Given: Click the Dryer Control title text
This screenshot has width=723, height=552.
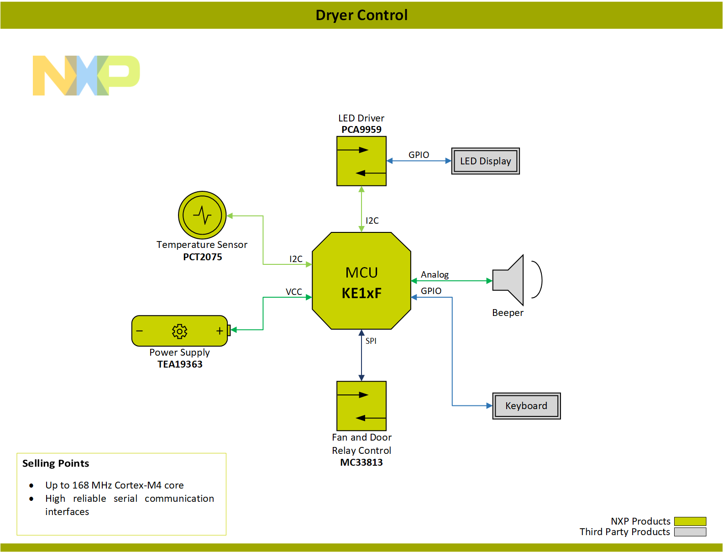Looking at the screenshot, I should coord(361,15).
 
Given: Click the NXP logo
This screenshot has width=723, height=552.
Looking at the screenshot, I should coord(86,75).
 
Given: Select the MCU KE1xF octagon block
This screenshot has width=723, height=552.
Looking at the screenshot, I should coord(361,281).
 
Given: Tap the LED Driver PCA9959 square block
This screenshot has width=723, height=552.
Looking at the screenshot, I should coord(361,161).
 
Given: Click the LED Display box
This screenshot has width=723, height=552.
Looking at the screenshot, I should coord(485,161).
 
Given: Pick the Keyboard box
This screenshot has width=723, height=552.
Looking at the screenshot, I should coord(526,406).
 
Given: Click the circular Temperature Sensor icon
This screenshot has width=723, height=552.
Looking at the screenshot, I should coord(202,215).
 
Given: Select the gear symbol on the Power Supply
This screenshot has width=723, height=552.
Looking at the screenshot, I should coord(179,331).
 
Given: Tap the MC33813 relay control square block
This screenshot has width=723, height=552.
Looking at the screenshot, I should coord(361,406).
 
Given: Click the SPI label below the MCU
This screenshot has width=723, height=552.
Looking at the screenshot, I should coord(371,341).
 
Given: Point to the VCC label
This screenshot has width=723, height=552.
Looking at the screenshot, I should coord(294,292).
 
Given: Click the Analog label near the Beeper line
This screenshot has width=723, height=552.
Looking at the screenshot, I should coord(435,274).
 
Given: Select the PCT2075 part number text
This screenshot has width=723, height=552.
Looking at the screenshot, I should coord(202,257).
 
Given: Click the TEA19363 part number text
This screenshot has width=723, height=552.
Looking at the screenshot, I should coord(180,364).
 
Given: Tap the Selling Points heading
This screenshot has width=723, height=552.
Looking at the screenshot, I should coord(56,463).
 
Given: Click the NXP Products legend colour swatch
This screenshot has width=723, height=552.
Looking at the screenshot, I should coord(690,521).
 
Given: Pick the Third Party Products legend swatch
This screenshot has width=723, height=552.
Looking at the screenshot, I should coord(690,532).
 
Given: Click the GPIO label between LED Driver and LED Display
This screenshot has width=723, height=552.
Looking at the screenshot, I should coord(419,155).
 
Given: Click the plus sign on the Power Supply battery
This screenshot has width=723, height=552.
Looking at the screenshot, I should coord(220,331).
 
